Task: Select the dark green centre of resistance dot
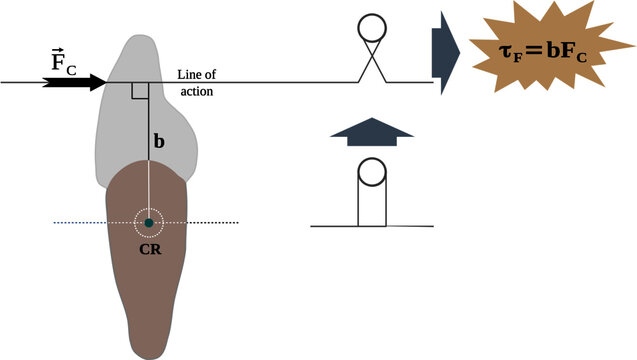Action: (x=148, y=222)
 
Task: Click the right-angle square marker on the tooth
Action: (x=140, y=92)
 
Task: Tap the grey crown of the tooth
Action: (x=140, y=120)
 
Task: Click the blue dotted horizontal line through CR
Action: (x=80, y=222)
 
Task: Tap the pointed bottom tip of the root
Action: (x=139, y=351)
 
